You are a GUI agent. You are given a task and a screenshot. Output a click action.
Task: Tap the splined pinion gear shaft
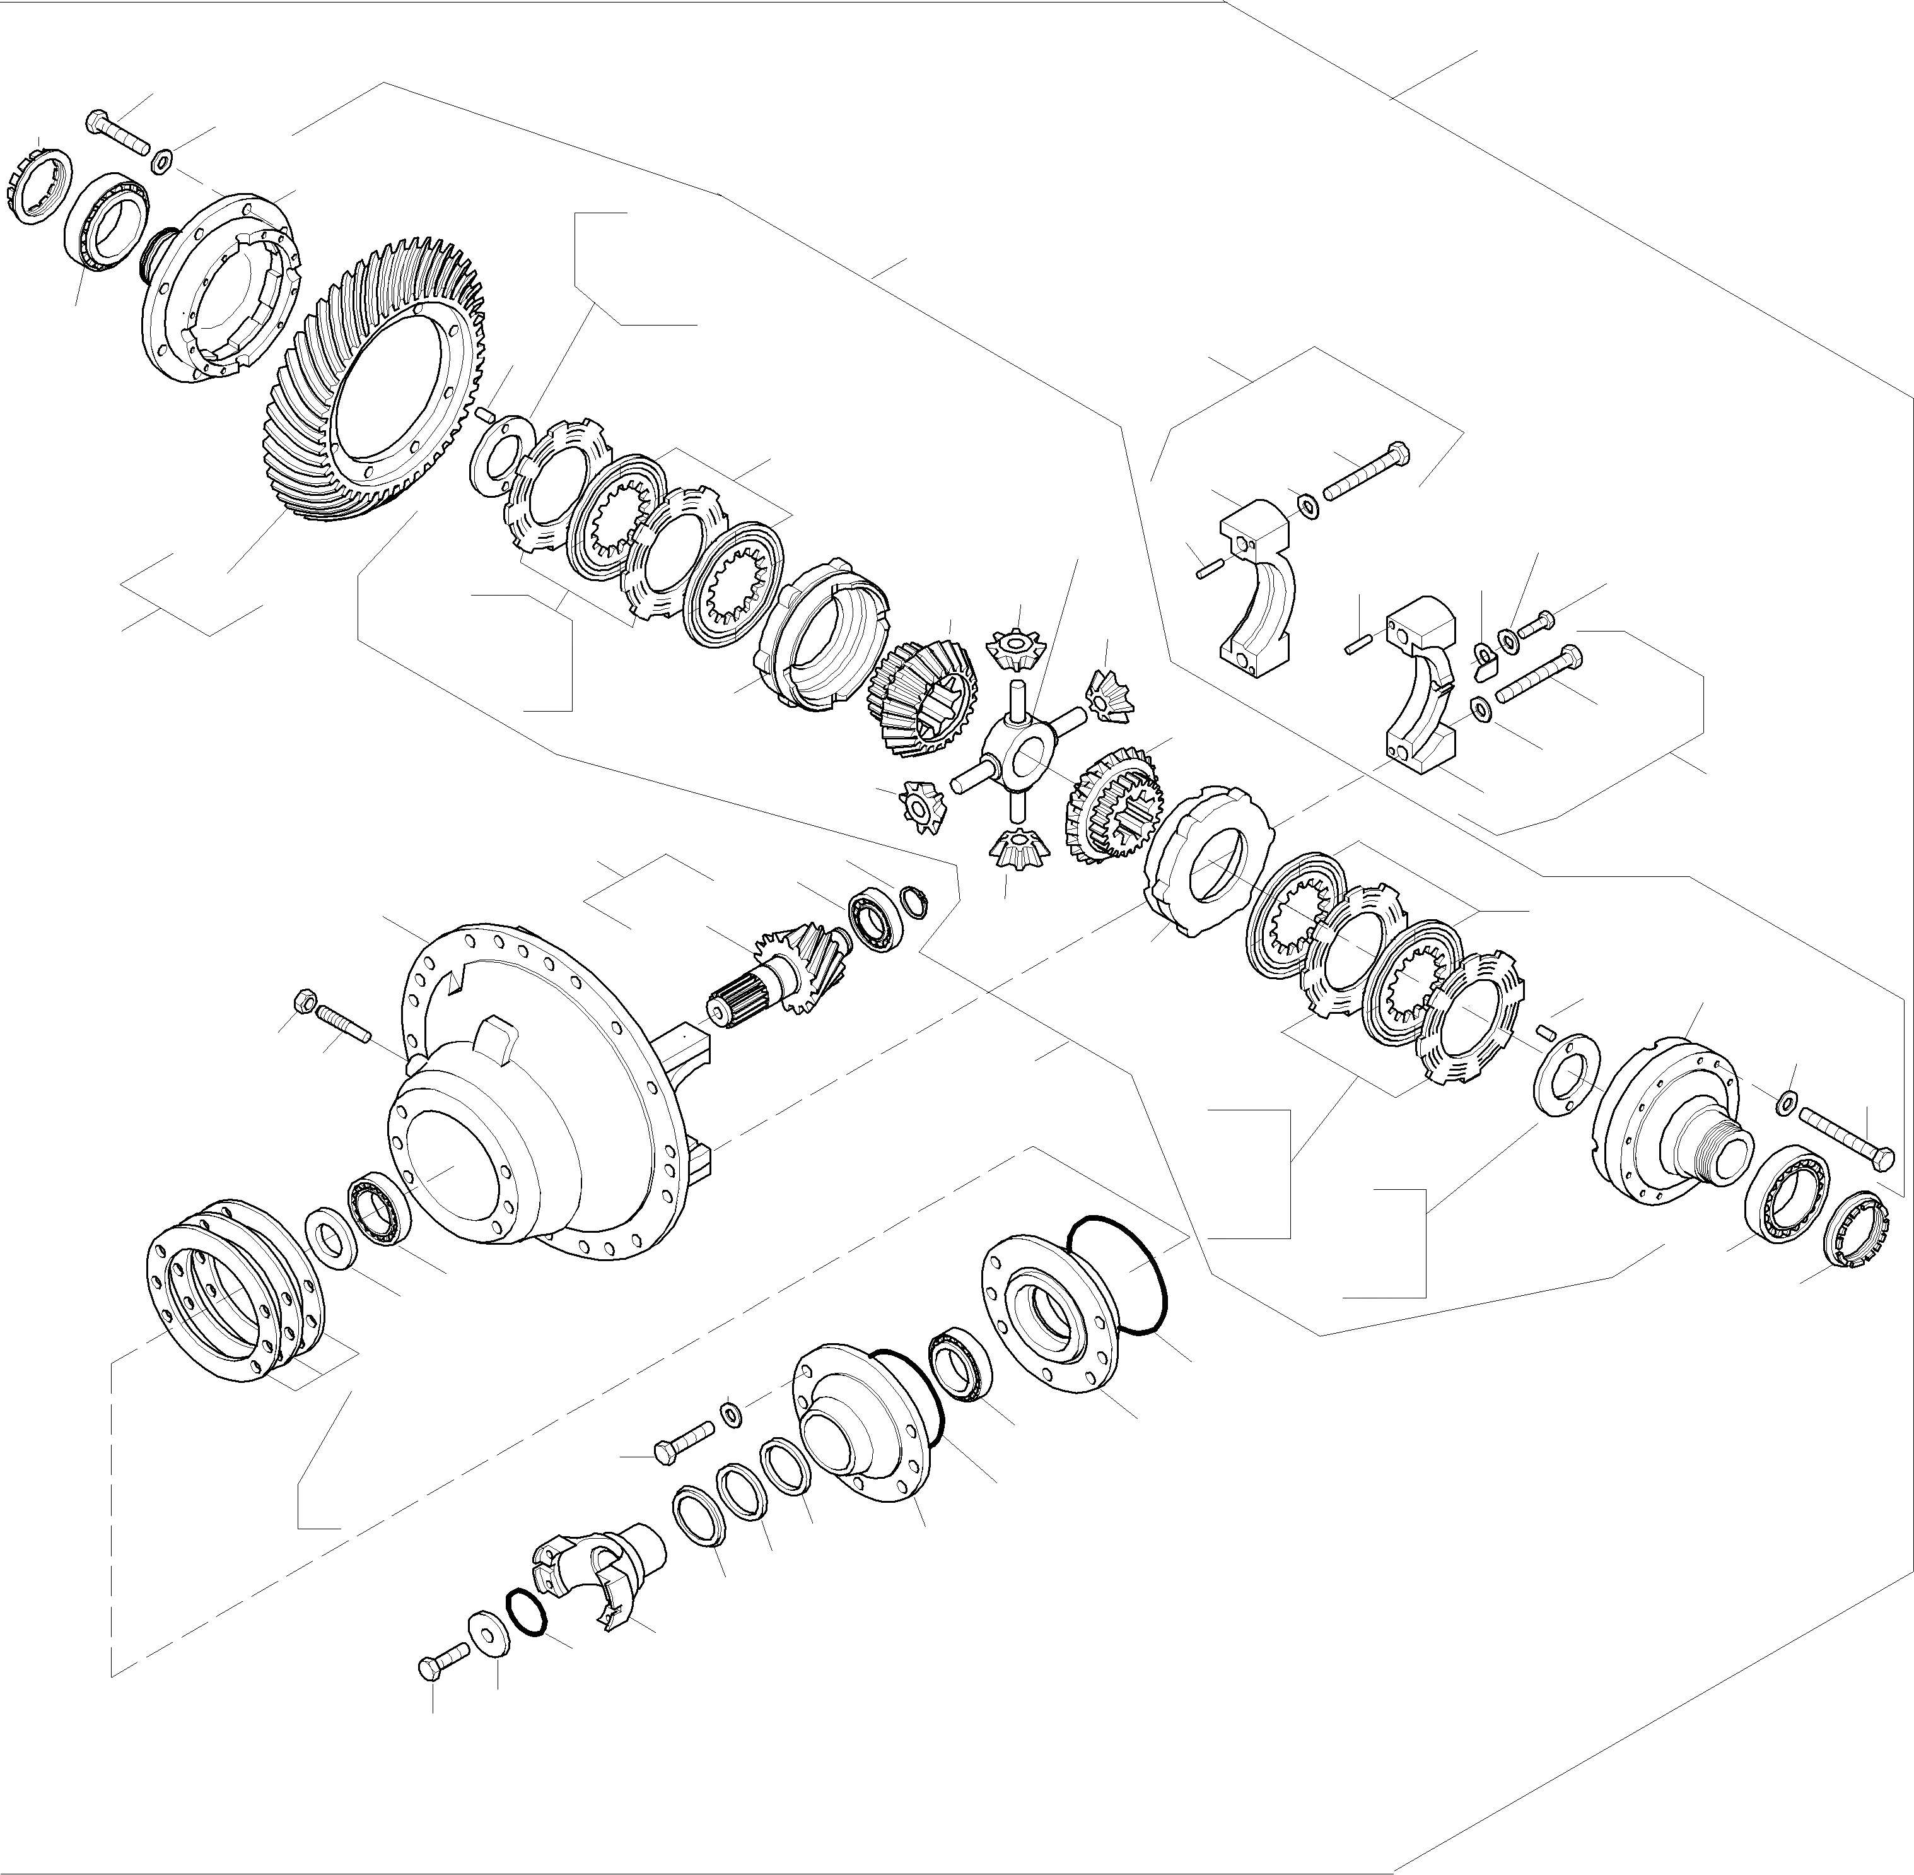(778, 975)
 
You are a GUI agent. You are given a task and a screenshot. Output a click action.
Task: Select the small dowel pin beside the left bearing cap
(1209, 568)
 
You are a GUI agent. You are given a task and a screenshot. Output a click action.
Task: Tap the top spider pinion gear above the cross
(1013, 649)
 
